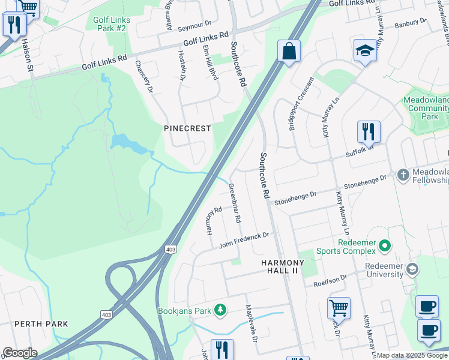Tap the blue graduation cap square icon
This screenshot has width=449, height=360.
point(364,51)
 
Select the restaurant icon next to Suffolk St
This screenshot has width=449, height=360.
point(369,132)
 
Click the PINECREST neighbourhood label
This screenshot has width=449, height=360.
point(188,129)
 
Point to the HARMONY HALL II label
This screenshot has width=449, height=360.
point(283,267)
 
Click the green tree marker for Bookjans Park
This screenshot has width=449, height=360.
point(221,310)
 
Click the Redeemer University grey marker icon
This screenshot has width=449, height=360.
point(412,269)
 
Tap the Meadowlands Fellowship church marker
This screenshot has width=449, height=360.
point(403,175)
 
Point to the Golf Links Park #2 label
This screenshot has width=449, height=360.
point(111,24)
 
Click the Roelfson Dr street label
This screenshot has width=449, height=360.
point(326,280)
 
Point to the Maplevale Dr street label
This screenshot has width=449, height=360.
point(251,323)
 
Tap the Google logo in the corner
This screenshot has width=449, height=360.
point(20,353)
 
